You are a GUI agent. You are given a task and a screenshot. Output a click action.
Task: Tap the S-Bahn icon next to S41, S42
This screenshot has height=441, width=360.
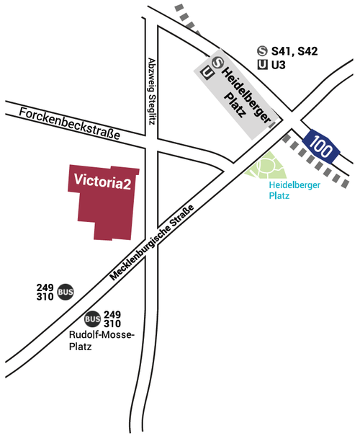click(x=263, y=51)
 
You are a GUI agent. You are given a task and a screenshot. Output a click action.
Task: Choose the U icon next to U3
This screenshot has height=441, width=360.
click(x=263, y=65)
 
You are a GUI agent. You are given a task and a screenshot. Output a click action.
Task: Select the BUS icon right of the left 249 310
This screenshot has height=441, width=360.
click(x=66, y=292)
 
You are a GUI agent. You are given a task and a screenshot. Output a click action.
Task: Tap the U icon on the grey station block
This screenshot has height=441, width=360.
click(x=208, y=72)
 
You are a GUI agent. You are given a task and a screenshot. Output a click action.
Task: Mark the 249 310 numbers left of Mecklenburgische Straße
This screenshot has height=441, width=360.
click(x=45, y=292)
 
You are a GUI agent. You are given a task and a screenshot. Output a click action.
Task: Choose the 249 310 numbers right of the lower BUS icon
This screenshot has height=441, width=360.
click(x=112, y=319)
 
